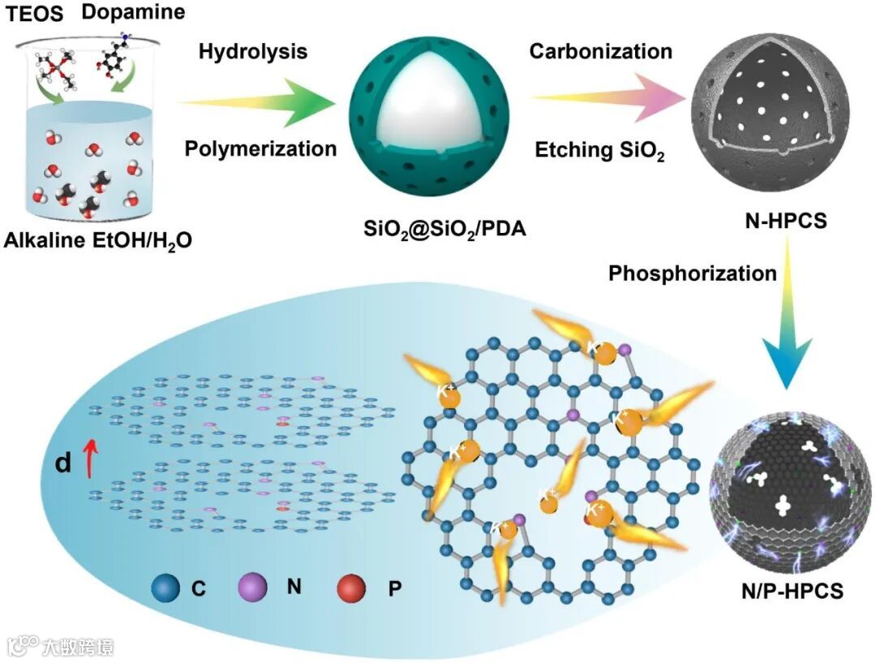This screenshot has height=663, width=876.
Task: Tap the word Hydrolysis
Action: (253, 52)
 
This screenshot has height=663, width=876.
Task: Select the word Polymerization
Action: (260, 149)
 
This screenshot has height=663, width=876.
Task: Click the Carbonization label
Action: (601, 52)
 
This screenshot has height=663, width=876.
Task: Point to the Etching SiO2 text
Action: (599, 151)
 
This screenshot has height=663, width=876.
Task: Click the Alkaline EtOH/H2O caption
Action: (98, 240)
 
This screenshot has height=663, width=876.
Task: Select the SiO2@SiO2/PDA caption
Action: (444, 230)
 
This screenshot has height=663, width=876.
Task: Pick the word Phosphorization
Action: (692, 273)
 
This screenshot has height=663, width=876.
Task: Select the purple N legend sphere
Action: (252, 586)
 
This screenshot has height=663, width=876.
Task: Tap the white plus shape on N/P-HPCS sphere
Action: (782, 506)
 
